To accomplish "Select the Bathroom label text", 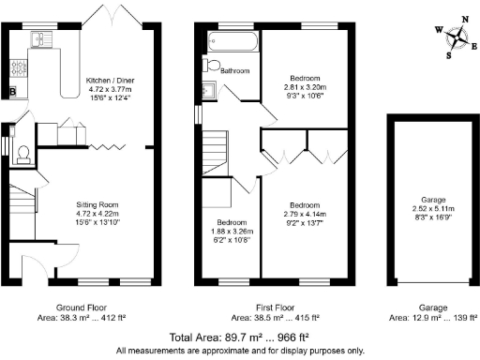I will tap(233, 69).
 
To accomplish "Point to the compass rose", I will tap(457, 37).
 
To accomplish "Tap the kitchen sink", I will tap(40, 38).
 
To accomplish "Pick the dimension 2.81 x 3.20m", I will tap(307, 86).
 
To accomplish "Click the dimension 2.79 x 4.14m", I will tap(306, 215).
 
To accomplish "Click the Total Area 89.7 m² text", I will tap(240, 337).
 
